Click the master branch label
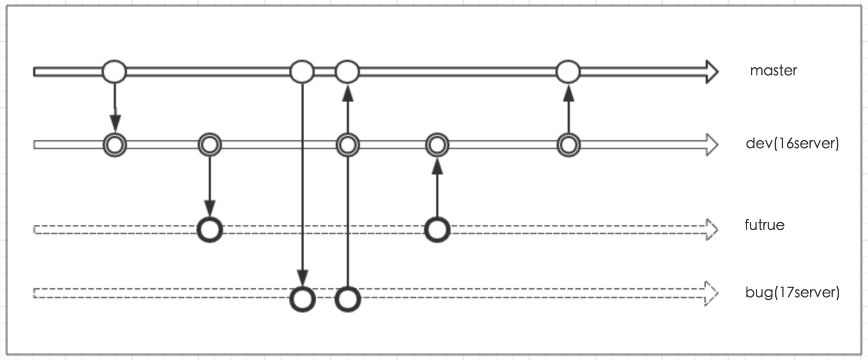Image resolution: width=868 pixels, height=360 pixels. pos(773,71)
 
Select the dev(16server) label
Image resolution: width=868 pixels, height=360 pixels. pos(792,144)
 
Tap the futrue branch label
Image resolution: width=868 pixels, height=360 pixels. pos(764,225)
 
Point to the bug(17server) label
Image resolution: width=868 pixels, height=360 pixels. pos(792,292)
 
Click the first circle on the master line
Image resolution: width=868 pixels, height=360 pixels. pos(114,72)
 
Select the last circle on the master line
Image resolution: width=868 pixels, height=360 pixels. pos(568,72)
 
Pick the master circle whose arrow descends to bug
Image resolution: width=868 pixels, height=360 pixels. pos(302,72)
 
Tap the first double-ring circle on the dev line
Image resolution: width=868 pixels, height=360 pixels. pos(115,145)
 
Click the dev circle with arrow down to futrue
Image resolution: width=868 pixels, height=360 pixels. pos(209,145)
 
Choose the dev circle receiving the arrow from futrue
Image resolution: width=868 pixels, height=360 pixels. pos(437,145)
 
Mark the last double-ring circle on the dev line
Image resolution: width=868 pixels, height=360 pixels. pos(568,145)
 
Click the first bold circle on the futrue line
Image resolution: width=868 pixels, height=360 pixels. pos(209,229)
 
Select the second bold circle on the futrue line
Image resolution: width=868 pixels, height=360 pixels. pos(437,229)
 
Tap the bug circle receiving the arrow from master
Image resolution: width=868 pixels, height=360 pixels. pos(303,299)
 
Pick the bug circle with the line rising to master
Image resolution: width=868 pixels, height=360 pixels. pos(347,299)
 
